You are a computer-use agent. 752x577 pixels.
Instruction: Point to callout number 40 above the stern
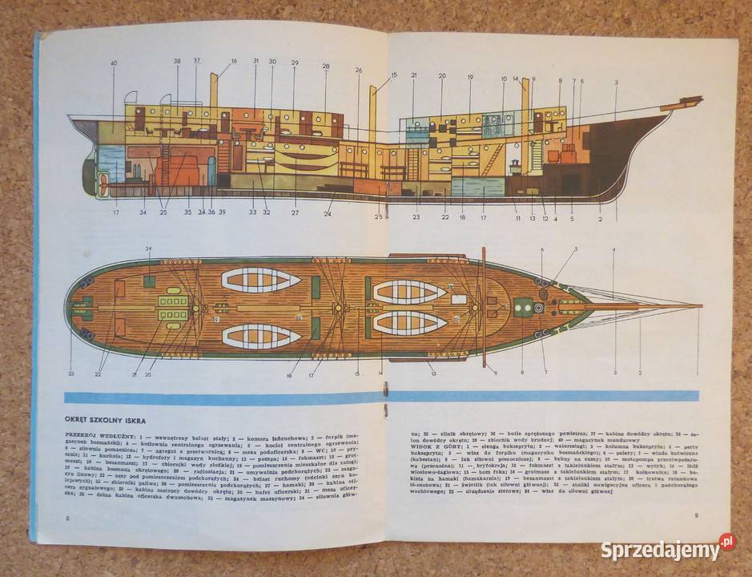(x=114, y=63)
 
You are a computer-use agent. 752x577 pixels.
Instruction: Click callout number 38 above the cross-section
(x=177, y=61)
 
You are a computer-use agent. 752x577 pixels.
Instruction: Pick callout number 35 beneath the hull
(x=188, y=212)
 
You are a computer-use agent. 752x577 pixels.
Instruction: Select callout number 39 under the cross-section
(x=222, y=212)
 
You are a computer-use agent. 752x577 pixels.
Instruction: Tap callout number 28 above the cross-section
(x=326, y=66)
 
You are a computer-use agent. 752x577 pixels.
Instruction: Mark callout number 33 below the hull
(x=253, y=212)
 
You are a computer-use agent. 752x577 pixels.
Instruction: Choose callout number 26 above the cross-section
(x=359, y=70)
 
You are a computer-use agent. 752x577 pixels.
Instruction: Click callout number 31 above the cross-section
(x=256, y=61)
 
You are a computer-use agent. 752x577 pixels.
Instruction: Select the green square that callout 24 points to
(x=149, y=281)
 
